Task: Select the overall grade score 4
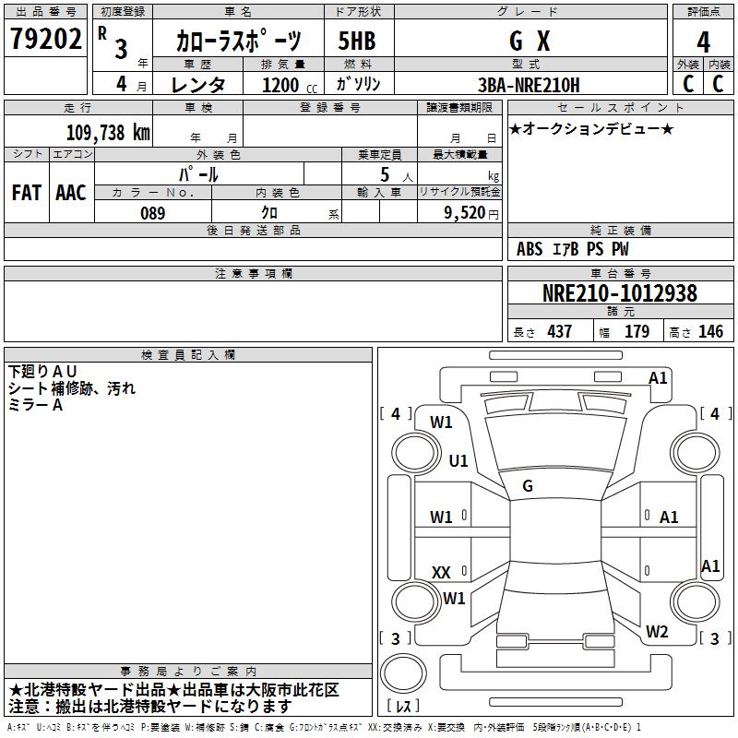(703, 42)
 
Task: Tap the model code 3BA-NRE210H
(530, 85)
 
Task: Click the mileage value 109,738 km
(108, 132)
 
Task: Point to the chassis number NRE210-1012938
(619, 293)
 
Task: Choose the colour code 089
(152, 213)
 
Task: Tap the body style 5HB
(356, 42)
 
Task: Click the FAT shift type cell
(27, 193)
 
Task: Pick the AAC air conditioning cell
(71, 193)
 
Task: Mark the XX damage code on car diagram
(441, 573)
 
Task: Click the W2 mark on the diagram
(657, 632)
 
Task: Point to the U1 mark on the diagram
(458, 461)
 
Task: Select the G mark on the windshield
(528, 486)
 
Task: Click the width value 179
(637, 332)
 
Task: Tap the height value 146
(710, 332)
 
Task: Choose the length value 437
(559, 332)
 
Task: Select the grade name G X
(530, 42)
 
